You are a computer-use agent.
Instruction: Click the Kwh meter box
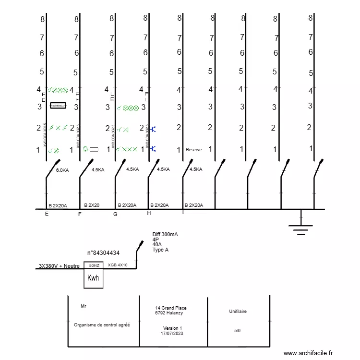(94, 278)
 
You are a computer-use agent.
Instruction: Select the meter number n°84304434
(103, 252)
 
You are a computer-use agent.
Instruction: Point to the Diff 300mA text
(165, 234)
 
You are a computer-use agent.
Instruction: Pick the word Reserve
(193, 150)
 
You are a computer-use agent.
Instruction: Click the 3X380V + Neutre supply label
(59, 266)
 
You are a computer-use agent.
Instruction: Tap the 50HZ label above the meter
(94, 265)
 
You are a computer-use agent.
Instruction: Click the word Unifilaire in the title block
(238, 312)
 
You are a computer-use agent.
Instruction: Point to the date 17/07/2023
(172, 333)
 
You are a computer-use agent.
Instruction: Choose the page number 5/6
(238, 330)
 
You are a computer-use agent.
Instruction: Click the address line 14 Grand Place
(171, 308)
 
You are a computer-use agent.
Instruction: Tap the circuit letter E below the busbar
(47, 214)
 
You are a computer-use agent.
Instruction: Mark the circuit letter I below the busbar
(183, 212)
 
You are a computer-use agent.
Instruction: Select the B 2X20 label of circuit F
(92, 205)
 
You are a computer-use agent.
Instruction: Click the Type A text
(160, 250)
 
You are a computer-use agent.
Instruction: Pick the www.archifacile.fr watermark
(308, 353)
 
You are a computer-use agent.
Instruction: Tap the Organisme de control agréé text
(102, 324)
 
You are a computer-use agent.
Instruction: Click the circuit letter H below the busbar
(149, 213)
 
